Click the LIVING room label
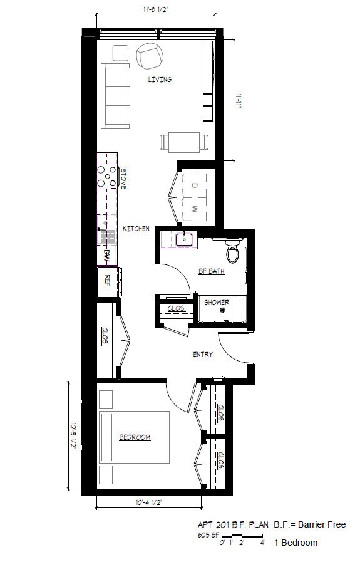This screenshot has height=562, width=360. (160, 79)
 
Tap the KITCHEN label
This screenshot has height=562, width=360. (136, 228)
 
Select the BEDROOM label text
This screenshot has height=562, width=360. (135, 437)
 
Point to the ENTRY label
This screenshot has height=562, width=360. (203, 355)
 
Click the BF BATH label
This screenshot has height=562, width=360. (212, 271)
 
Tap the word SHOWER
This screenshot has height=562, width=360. (217, 303)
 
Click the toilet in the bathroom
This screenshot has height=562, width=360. (233, 251)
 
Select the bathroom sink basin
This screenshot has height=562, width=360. (184, 239)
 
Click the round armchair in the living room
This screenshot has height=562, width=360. (150, 56)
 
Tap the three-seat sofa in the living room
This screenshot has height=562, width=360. (115, 96)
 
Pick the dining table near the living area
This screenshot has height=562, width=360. (184, 142)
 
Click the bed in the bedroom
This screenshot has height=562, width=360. (134, 437)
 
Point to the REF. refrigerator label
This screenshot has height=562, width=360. (107, 281)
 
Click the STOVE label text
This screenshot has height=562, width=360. (123, 179)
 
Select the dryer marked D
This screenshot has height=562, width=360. (194, 185)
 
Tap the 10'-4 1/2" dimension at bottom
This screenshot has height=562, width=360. (149, 502)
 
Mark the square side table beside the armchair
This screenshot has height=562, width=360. (121, 53)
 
